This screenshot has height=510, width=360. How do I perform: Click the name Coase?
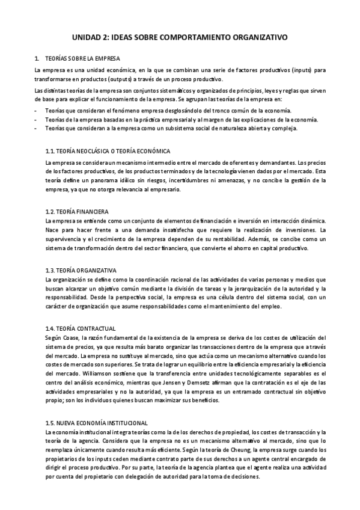tap(70, 337)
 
